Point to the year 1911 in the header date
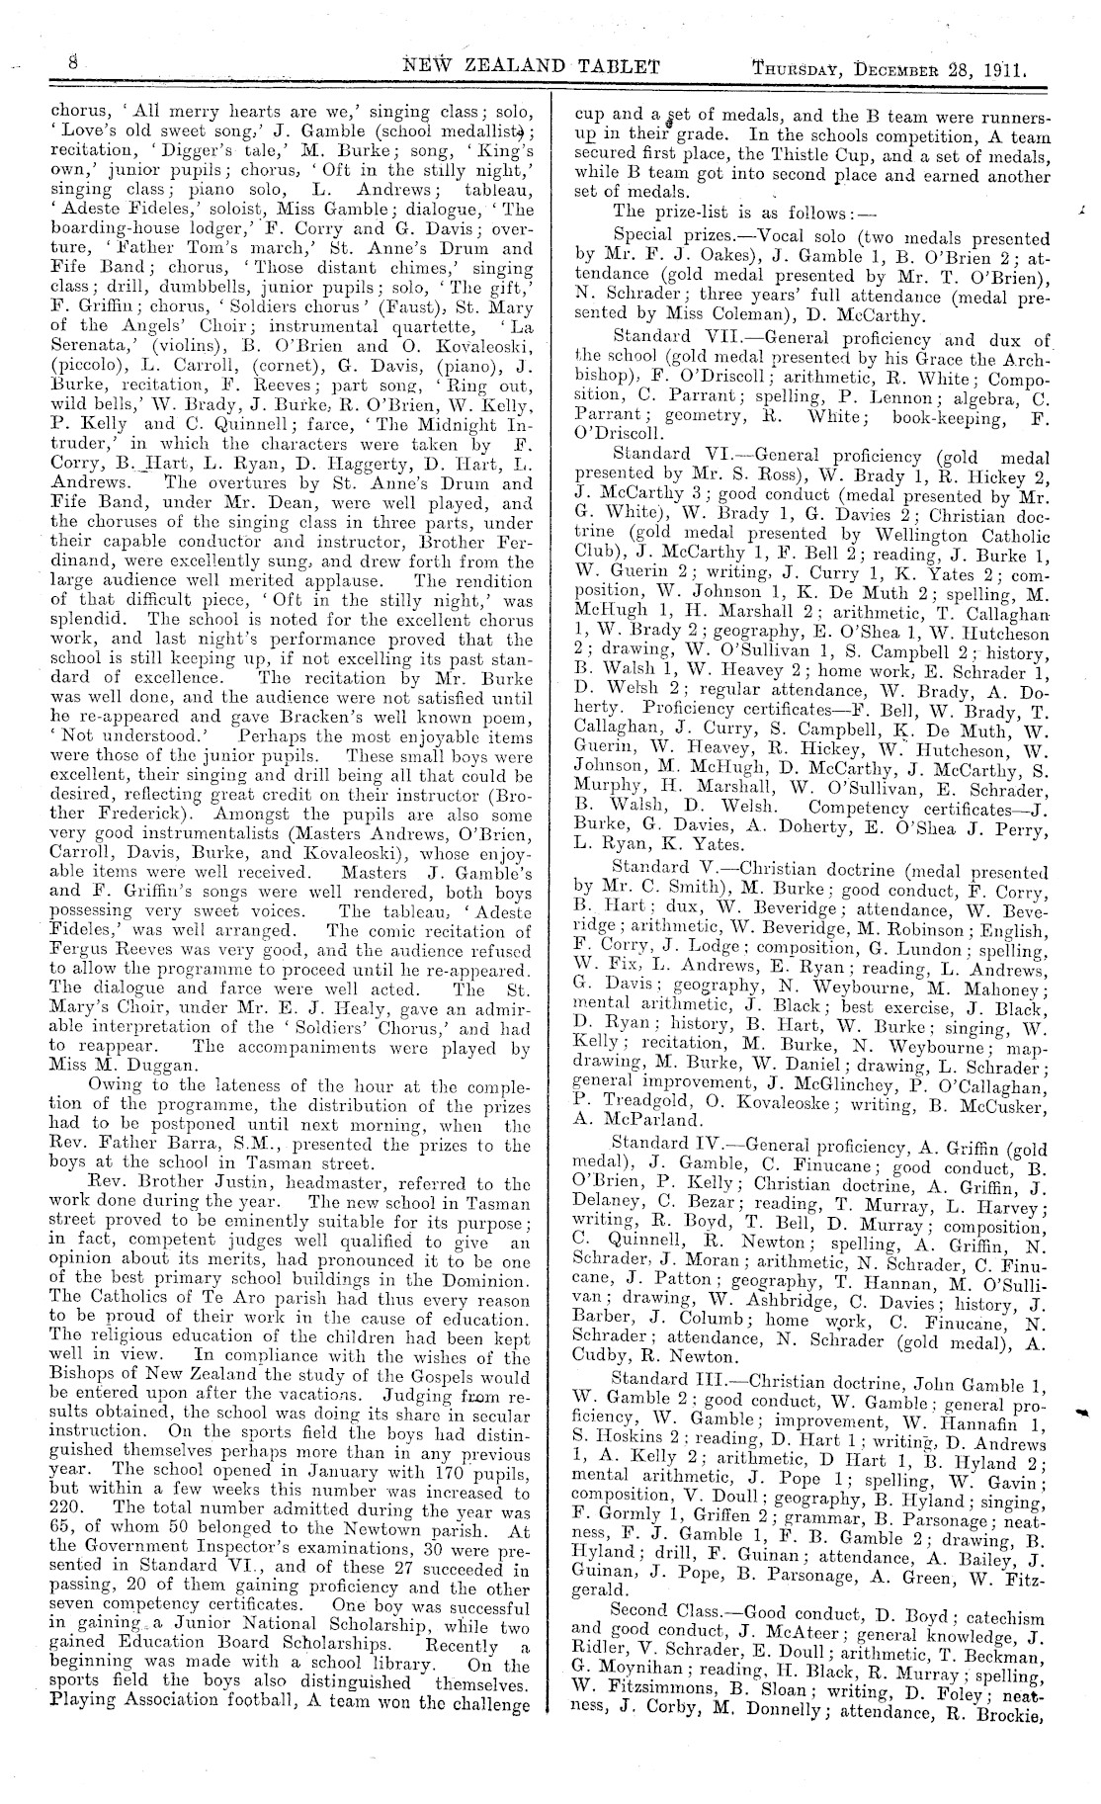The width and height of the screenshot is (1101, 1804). [x=1005, y=69]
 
